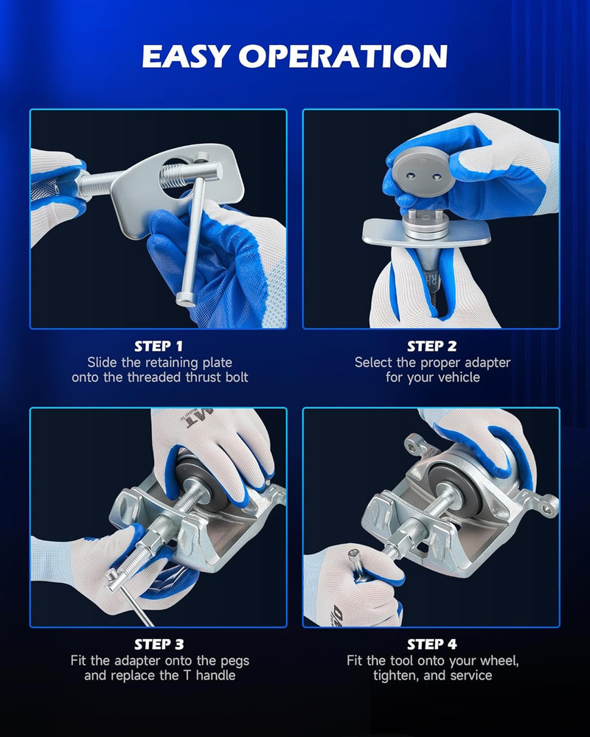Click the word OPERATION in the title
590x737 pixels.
click(x=343, y=56)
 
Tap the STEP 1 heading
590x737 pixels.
click(x=159, y=346)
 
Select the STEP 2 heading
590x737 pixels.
click(x=432, y=346)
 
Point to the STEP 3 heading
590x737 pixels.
click(x=159, y=644)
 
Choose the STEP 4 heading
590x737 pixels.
click(x=432, y=644)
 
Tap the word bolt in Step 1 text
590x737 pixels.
click(x=237, y=377)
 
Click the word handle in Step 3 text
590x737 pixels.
click(x=215, y=675)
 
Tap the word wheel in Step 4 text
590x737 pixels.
click(x=502, y=661)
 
